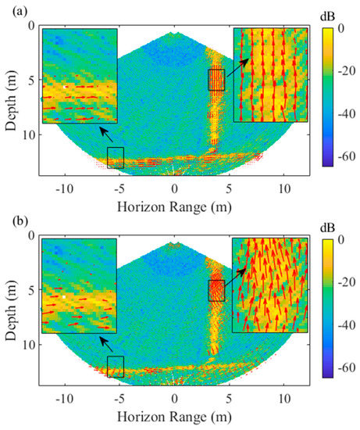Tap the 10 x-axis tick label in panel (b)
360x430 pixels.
click(284, 400)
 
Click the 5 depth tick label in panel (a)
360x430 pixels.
click(30, 80)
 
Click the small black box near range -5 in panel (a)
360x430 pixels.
click(115, 157)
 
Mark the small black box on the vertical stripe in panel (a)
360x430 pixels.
click(216, 80)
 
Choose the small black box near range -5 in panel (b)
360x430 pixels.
click(115, 367)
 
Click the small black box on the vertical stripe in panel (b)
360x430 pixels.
click(216, 290)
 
